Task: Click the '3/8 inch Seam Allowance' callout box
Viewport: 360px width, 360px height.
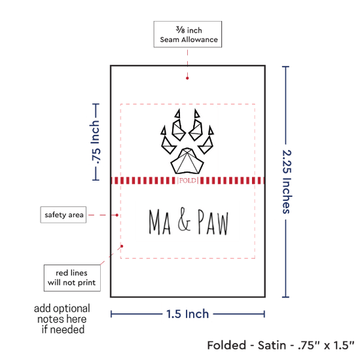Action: pos(188,34)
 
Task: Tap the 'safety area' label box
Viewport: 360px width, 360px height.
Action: pos(63,215)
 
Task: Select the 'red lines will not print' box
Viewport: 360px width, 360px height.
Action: pos(72,278)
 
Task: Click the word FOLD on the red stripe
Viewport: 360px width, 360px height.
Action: pos(188,181)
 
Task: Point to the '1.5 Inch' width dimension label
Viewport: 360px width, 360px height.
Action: pos(187,314)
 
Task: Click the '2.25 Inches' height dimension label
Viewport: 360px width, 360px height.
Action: pos(287,182)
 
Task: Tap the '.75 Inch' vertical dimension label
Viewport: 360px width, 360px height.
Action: pos(96,142)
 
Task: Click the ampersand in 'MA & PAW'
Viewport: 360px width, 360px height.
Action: pos(184,219)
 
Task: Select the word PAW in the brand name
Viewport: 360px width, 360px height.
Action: pos(213,222)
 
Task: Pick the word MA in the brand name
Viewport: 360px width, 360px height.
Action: pos(160,222)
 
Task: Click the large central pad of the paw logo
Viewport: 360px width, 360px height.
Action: pos(187,161)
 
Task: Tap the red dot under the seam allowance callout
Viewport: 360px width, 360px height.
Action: pos(187,79)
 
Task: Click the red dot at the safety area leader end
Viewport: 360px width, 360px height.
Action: pos(117,215)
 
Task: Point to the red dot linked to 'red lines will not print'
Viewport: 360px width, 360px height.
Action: pos(122,246)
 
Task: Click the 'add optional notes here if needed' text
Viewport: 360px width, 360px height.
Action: pos(62,319)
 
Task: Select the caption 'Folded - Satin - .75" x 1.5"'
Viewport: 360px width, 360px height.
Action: pos(281,346)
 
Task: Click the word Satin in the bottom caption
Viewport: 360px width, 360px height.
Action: pos(272,346)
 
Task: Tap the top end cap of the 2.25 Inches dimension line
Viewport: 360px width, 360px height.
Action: pos(285,67)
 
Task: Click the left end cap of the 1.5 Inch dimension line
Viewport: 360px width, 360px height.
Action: pos(111,314)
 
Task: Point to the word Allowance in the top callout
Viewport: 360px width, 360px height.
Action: pos(200,40)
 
